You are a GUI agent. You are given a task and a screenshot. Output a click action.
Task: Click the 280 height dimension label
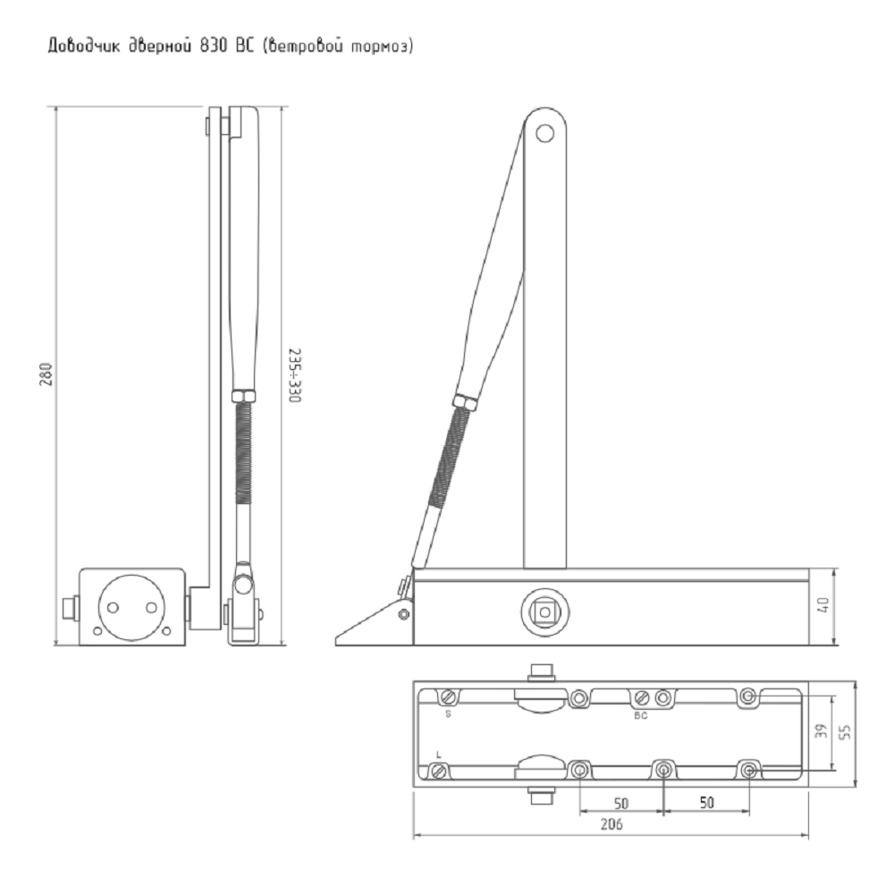pyautogui.click(x=46, y=375)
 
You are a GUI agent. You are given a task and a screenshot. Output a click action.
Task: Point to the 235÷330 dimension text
pyautogui.click(x=294, y=375)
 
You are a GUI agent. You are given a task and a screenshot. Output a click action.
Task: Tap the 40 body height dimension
pyautogui.click(x=822, y=605)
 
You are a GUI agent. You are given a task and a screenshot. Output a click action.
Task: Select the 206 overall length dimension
pyautogui.click(x=611, y=823)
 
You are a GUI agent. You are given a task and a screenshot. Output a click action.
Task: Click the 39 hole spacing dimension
pyautogui.click(x=820, y=731)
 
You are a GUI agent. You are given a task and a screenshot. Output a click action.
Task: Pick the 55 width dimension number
pyautogui.click(x=845, y=731)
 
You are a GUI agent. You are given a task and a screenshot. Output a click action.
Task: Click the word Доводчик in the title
pyautogui.click(x=84, y=46)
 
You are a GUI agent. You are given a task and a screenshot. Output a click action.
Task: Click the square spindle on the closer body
pyautogui.click(x=545, y=611)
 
